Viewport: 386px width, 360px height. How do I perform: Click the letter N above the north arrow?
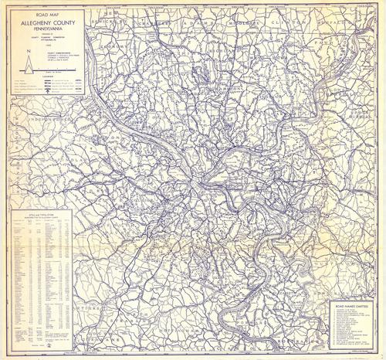pos(27,49)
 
